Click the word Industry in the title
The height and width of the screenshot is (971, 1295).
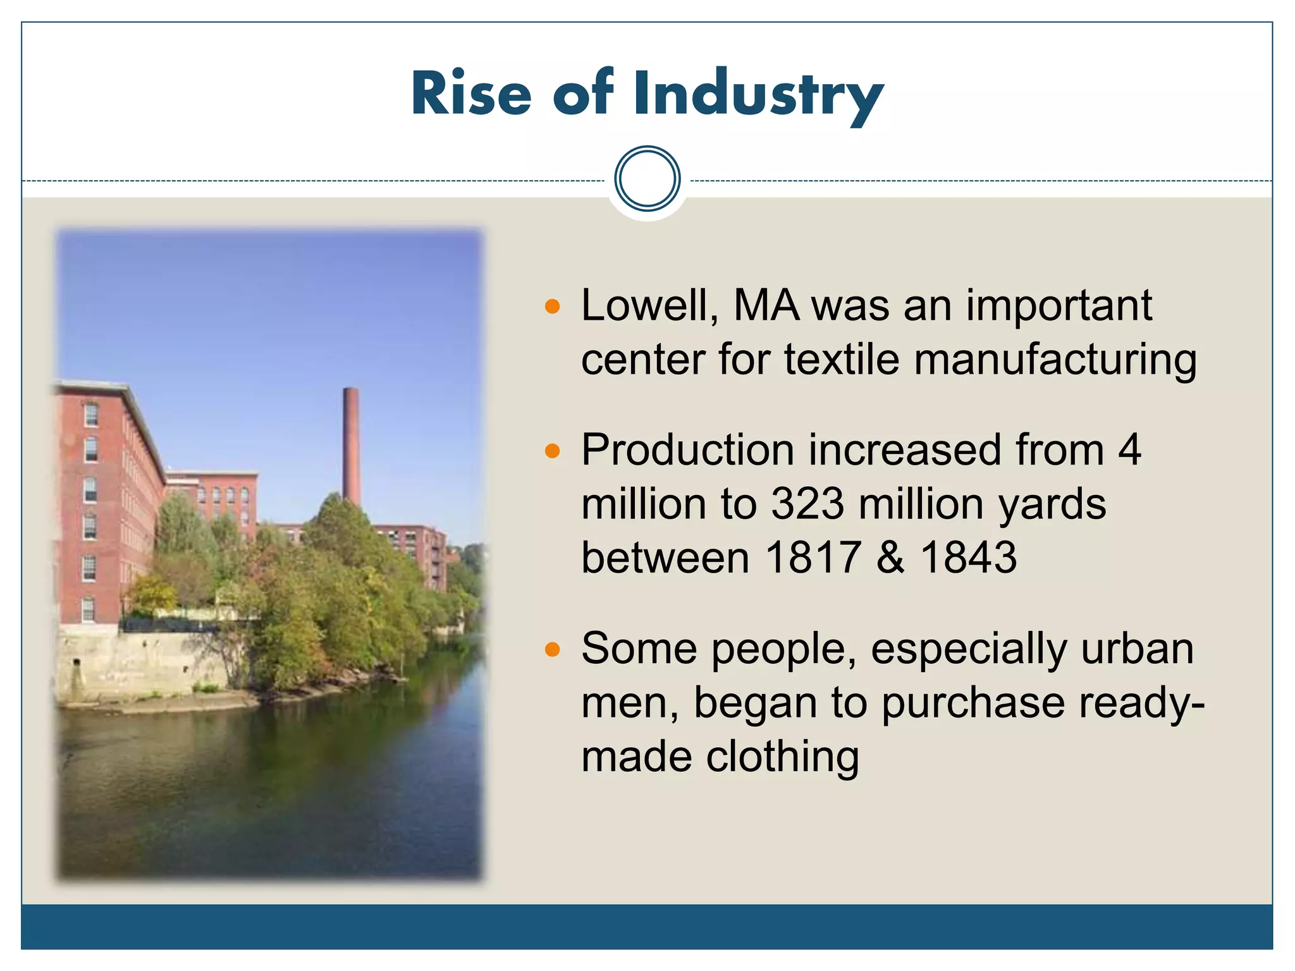758,95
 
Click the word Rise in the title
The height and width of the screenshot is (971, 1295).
471,95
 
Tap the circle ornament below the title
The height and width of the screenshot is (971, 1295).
647,179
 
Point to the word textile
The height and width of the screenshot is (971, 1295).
842,360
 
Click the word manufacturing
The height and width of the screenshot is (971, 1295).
1055,360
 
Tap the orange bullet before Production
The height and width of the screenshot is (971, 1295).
553,451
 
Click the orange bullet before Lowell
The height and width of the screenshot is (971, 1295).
553,307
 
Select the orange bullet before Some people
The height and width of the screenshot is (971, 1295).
553,649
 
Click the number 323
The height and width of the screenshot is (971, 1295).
807,504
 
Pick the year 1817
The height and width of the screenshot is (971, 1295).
813,558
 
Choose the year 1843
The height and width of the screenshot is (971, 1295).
968,558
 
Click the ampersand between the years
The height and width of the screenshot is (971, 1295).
890,558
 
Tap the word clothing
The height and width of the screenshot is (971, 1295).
782,757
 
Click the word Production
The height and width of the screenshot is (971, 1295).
687,451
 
